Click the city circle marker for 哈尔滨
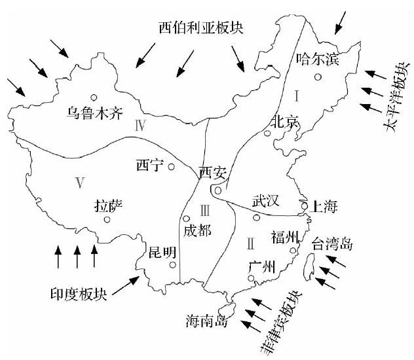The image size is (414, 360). pyautogui.click(x=318, y=77)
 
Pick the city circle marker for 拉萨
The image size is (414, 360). pyautogui.click(x=107, y=219)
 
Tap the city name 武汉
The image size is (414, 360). pyautogui.click(x=266, y=198)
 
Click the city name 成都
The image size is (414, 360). pyautogui.click(x=198, y=230)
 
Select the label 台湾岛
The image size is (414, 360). pyautogui.click(x=332, y=245)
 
